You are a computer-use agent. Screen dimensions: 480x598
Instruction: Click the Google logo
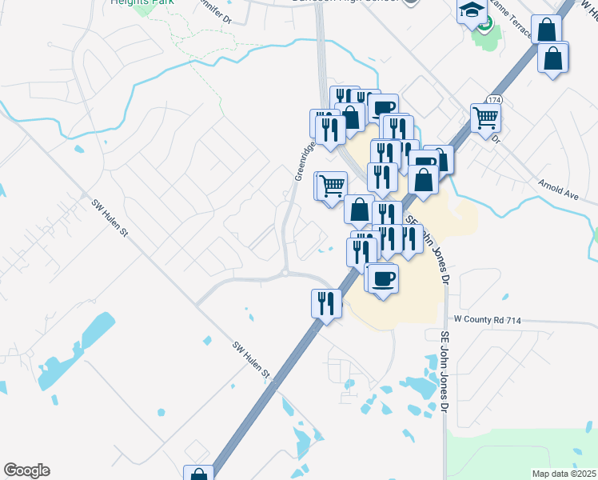click(x=26, y=470)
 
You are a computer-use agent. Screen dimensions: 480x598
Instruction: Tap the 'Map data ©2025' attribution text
click(x=563, y=474)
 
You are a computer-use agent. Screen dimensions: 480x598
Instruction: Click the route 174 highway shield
click(x=492, y=100)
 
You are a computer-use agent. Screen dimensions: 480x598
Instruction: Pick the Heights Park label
click(x=133, y=3)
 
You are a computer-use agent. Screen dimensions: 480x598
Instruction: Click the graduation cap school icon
click(x=472, y=10)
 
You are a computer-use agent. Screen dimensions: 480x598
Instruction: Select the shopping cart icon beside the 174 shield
click(x=486, y=118)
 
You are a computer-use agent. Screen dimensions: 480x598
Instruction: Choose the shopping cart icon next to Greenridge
click(x=332, y=185)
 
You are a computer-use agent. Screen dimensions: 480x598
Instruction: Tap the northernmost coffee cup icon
click(x=383, y=107)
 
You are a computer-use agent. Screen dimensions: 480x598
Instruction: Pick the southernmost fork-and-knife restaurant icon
click(x=326, y=302)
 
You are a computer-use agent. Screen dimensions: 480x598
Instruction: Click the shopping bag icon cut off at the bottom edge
click(x=197, y=474)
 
